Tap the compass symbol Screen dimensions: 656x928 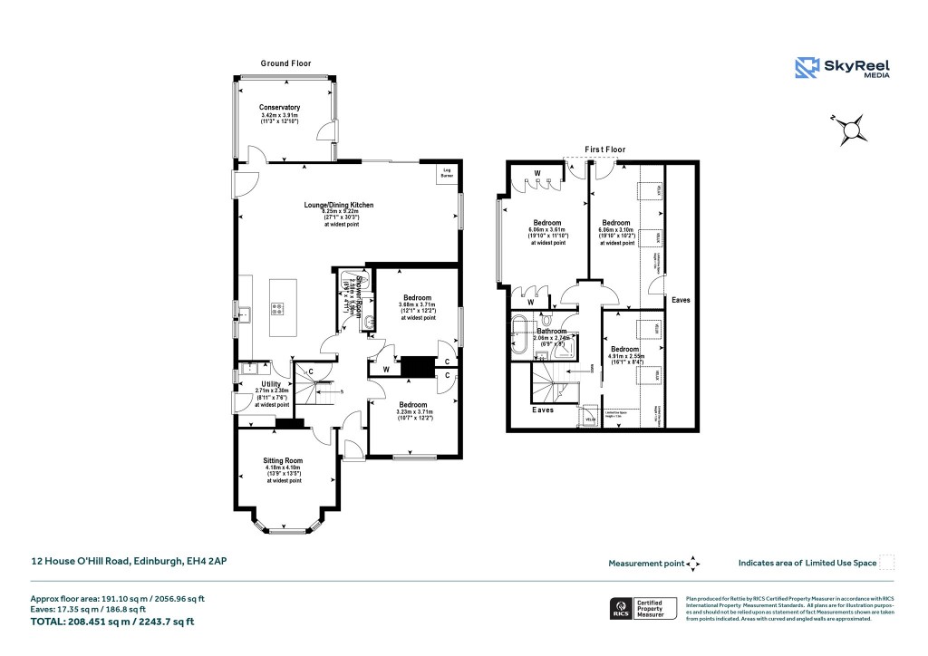click(x=851, y=131)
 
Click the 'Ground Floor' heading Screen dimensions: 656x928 click(x=285, y=63)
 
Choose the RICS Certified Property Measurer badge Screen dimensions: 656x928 click(x=643, y=609)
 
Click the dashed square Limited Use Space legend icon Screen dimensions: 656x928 click(x=887, y=563)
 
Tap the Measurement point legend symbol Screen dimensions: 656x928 click(x=693, y=564)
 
